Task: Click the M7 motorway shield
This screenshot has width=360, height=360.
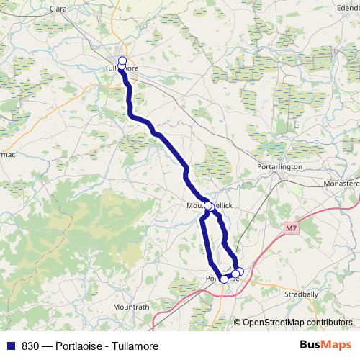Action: pyautogui.click(x=290, y=229)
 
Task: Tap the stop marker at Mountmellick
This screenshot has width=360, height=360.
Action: pyautogui.click(x=209, y=206)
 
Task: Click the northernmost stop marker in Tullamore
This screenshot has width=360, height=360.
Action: pyautogui.click(x=122, y=60)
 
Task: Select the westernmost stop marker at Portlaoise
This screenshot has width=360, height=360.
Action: pyautogui.click(x=224, y=279)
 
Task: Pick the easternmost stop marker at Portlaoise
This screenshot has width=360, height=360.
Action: pyautogui.click(x=240, y=271)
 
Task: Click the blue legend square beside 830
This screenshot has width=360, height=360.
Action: pyautogui.click(x=10, y=346)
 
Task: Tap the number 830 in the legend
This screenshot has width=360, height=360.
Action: pyautogui.click(x=30, y=346)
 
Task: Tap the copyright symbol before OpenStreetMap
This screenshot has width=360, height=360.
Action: pyautogui.click(x=237, y=323)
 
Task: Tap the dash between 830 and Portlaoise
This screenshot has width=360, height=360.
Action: pyautogui.click(x=48, y=346)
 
